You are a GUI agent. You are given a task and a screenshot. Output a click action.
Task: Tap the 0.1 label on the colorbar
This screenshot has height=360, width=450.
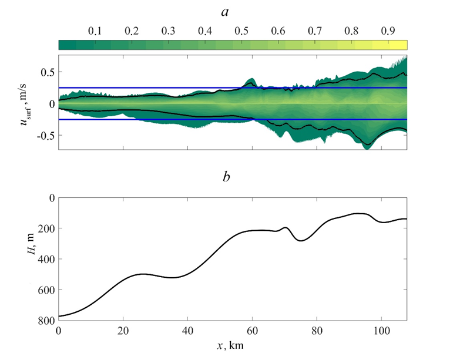click(x=94, y=31)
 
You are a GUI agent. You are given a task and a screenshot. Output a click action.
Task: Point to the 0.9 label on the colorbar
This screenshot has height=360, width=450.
click(x=387, y=31)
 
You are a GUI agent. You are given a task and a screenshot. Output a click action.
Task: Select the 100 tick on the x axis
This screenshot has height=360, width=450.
click(x=381, y=330)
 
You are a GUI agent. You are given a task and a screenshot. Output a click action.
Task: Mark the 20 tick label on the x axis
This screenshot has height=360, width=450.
click(x=123, y=330)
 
